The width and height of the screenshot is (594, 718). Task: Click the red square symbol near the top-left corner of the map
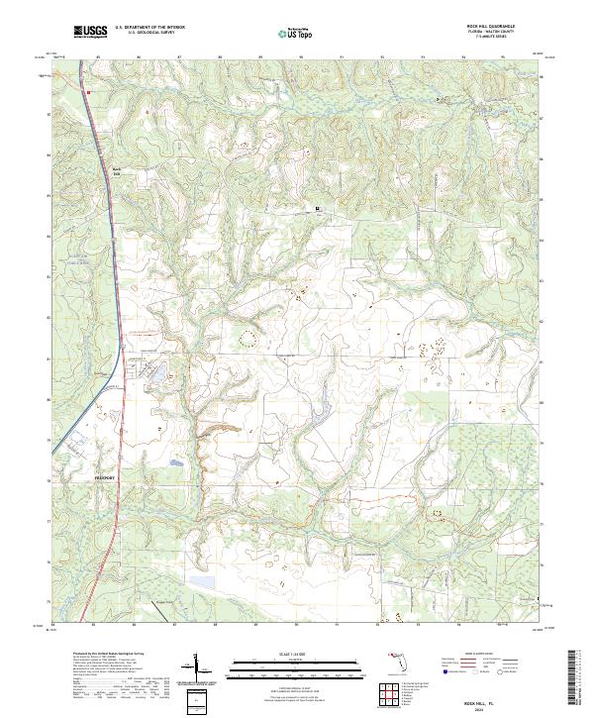click(x=88, y=92)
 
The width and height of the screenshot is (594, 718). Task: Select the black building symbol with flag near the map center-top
click(x=318, y=209)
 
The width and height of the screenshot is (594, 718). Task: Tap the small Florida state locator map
click(x=400, y=659)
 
